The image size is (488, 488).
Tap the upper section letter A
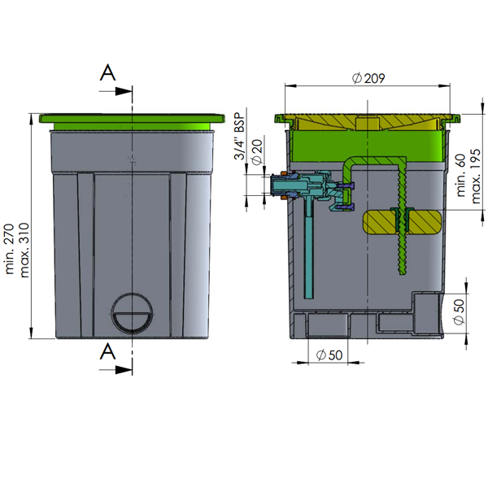[107, 73]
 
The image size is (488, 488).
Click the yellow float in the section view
[403, 222]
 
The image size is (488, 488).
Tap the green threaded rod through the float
[400, 244]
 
